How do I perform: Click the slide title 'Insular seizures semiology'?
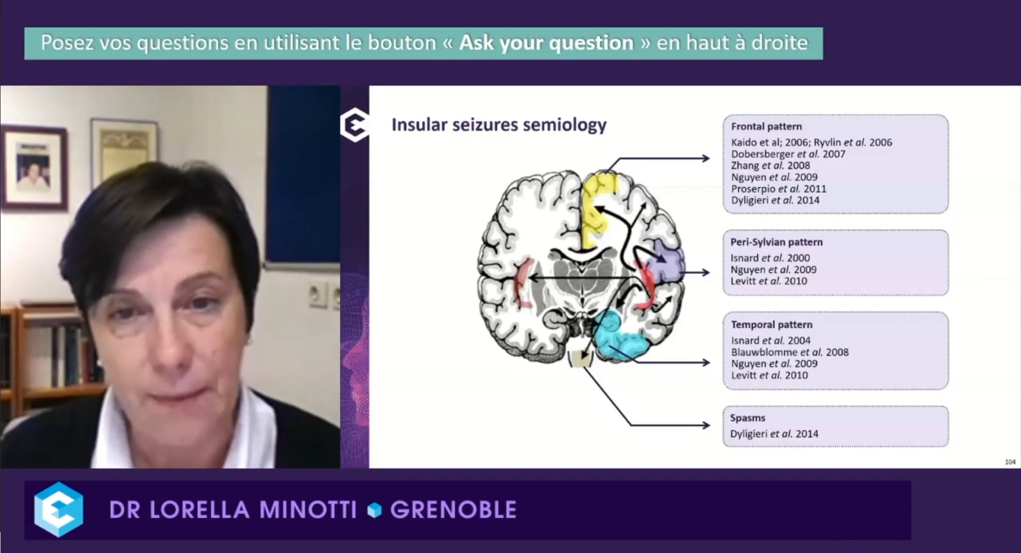pos(499,124)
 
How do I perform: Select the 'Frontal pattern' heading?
pos(766,127)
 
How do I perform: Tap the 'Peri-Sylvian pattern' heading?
pos(776,242)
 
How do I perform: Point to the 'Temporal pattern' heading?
pos(771,324)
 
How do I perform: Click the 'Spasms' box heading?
pos(747,418)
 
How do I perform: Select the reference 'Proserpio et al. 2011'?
pos(779,189)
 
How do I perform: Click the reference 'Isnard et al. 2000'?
pos(770,258)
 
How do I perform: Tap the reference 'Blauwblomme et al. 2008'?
pos(789,352)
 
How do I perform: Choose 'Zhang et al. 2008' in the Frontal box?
pos(770,165)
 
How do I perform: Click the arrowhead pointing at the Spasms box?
pos(706,425)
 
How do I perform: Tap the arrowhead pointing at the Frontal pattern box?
pos(706,158)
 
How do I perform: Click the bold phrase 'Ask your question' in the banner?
pos(546,43)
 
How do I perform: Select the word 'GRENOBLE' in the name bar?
pos(453,510)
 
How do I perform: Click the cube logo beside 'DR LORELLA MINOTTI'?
pos(58,509)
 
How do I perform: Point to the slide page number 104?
pos(1010,462)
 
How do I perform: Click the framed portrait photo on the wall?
pos(34,167)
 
